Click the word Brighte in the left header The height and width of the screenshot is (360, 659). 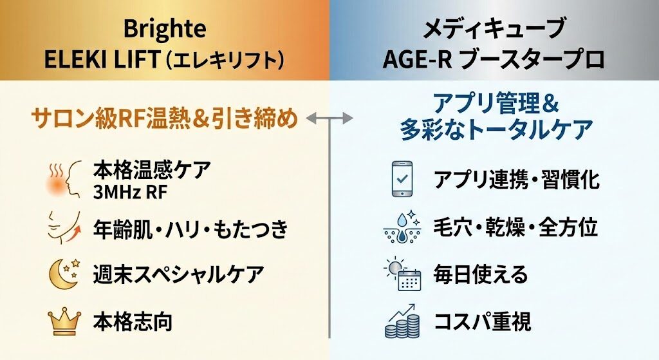click(x=165, y=29)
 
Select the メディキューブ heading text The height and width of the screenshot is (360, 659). click(x=494, y=29)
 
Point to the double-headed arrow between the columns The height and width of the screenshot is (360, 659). click(x=329, y=118)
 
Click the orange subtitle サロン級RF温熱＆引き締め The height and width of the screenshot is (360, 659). click(x=164, y=118)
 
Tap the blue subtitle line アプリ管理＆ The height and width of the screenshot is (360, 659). click(x=495, y=103)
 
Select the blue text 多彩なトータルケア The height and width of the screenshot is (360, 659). click(x=495, y=130)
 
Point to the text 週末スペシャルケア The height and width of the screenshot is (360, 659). click(x=178, y=274)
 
